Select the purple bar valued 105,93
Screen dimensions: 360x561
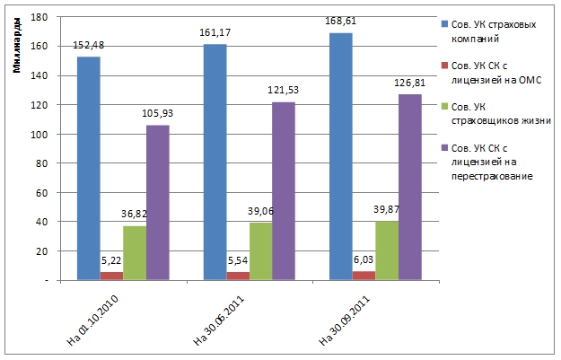click(x=158, y=203)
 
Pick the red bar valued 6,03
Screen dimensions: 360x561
click(x=364, y=276)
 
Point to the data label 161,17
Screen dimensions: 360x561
click(x=215, y=33)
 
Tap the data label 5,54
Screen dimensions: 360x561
click(x=239, y=260)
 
